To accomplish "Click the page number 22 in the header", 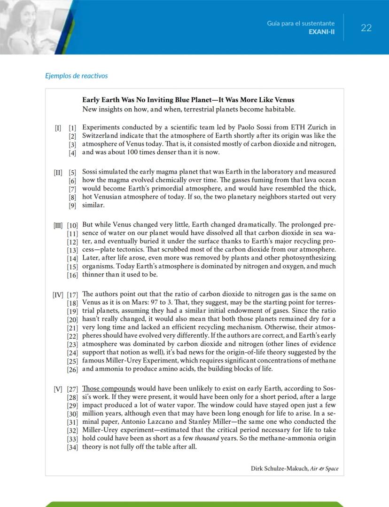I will coord(366,28).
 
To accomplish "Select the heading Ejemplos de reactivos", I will coord(76,75).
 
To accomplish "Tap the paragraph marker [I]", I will coord(58,127).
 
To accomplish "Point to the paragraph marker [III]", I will coord(58,225).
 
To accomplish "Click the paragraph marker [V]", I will coord(58,389).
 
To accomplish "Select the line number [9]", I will coord(72,206).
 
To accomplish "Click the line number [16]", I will coord(72,275).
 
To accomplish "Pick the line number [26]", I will coord(72,369).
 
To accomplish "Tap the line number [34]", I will coord(72,447).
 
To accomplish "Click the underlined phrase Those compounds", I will coord(109,388).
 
